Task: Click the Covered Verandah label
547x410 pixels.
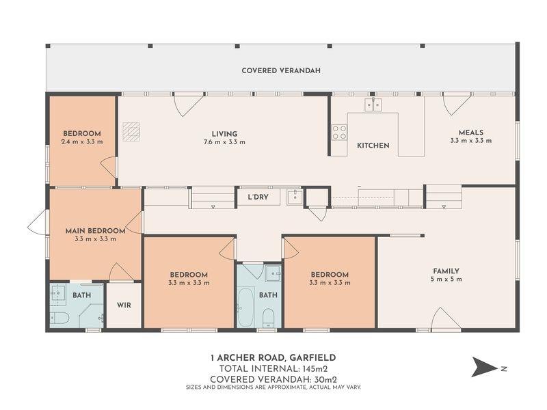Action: (x=281, y=70)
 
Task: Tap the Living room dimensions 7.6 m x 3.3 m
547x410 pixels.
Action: (x=224, y=142)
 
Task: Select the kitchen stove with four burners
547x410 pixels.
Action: (x=339, y=132)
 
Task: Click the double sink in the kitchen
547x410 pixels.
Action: (x=373, y=105)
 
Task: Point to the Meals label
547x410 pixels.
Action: (x=471, y=133)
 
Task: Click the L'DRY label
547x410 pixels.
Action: (x=258, y=197)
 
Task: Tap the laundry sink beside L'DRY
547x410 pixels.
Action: (x=295, y=197)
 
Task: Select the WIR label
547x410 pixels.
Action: (x=124, y=305)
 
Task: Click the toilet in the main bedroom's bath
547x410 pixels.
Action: (x=60, y=317)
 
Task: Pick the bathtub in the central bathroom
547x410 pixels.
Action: (x=245, y=307)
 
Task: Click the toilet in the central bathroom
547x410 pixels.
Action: (x=268, y=318)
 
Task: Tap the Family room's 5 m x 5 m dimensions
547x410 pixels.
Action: (x=446, y=279)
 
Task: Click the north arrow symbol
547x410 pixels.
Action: (x=484, y=367)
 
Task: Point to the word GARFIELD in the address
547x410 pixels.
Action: (x=312, y=357)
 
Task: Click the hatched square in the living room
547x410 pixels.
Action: (x=131, y=132)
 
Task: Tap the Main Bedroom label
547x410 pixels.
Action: (x=95, y=231)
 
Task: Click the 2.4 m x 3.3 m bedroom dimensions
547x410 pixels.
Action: (x=82, y=141)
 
